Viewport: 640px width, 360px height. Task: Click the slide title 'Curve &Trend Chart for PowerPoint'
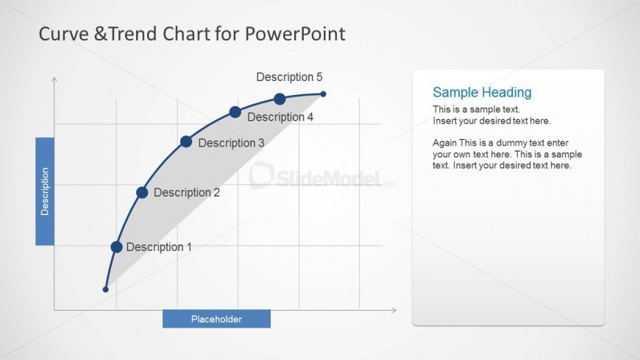tap(191, 34)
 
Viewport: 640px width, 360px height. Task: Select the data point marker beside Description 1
tap(116, 247)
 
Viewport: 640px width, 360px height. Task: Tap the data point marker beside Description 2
tap(142, 193)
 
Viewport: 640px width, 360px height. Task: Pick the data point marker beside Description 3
tap(186, 141)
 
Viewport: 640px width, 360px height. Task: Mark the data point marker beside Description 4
tap(235, 112)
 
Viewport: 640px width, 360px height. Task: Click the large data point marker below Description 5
tap(280, 99)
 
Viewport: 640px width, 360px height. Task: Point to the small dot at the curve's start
tap(105, 289)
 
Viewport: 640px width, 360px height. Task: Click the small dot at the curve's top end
tap(323, 93)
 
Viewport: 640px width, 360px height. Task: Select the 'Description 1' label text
tap(159, 247)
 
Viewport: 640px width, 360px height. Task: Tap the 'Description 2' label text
tap(187, 193)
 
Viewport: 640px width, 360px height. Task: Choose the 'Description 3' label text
tap(231, 143)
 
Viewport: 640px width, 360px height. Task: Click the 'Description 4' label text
tap(280, 117)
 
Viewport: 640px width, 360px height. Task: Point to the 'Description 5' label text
tap(289, 77)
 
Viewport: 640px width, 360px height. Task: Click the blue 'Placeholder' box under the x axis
tap(216, 319)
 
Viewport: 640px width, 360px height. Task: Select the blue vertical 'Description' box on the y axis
tap(45, 191)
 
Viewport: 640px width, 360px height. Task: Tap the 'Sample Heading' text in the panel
tap(482, 92)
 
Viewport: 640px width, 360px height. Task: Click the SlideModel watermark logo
tap(316, 177)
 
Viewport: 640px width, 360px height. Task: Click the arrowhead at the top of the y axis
tap(54, 78)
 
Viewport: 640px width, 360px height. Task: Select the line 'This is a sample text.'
tap(476, 109)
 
